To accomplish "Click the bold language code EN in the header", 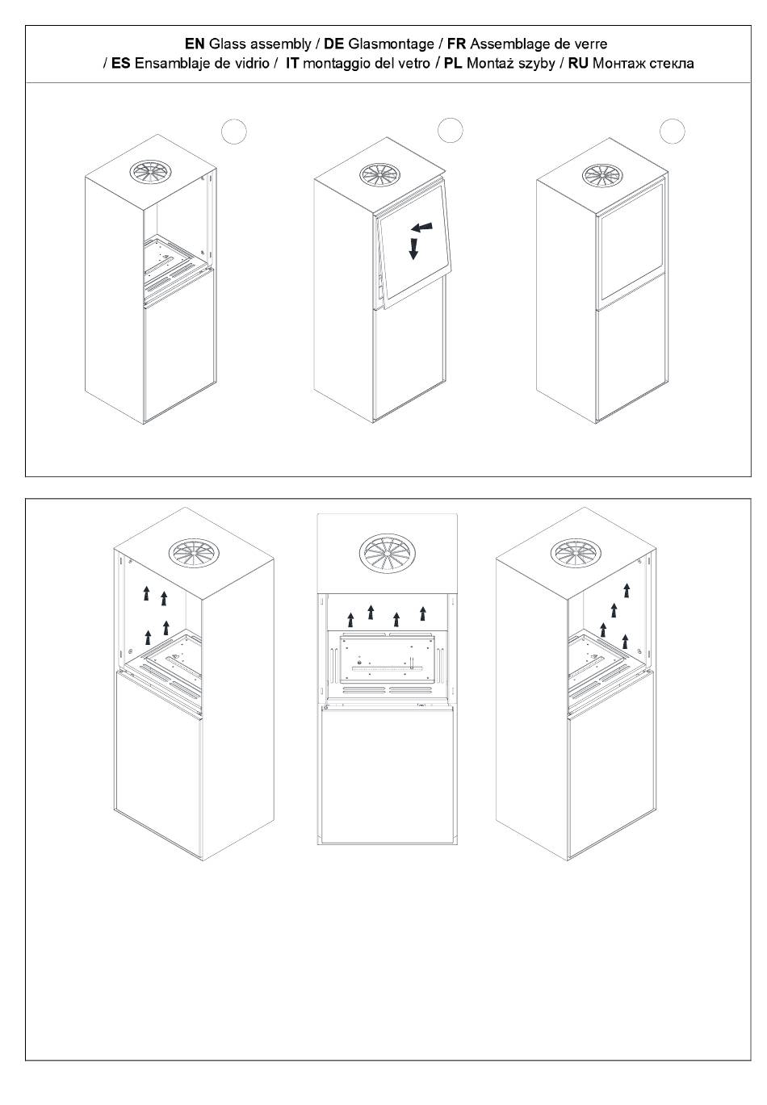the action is pyautogui.click(x=195, y=44).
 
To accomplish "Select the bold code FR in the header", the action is pyautogui.click(x=456, y=44).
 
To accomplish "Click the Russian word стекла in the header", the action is pyautogui.click(x=667, y=63).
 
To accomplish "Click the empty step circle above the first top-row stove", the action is pyautogui.click(x=233, y=132).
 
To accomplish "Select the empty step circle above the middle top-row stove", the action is pyautogui.click(x=450, y=130).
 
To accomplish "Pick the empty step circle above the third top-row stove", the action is pyautogui.click(x=673, y=131).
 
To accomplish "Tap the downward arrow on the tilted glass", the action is pyautogui.click(x=414, y=248).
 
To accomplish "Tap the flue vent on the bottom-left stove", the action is pyautogui.click(x=191, y=553).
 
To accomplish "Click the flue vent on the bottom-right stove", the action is pyautogui.click(x=576, y=552).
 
